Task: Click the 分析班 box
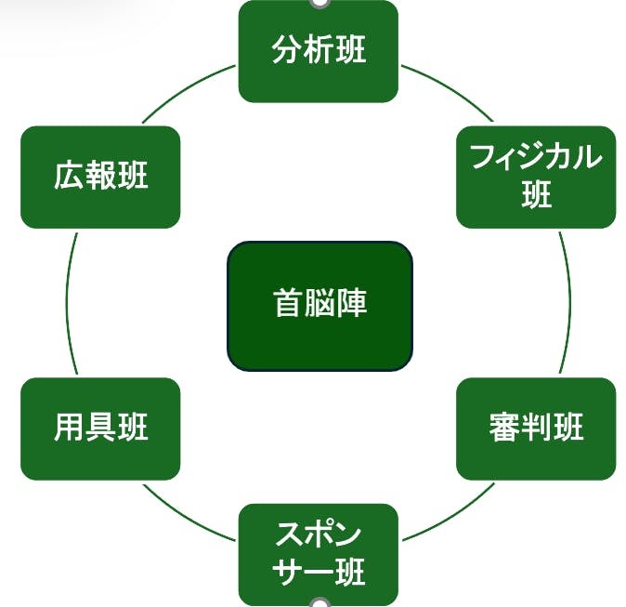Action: pyautogui.click(x=318, y=51)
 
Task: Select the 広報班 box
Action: pyautogui.click(x=100, y=177)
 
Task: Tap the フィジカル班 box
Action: pyautogui.click(x=536, y=177)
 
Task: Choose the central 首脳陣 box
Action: pyautogui.click(x=320, y=305)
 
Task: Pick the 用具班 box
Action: pyautogui.click(x=100, y=429)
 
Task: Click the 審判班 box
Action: pyautogui.click(x=536, y=429)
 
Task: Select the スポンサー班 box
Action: pyautogui.click(x=318, y=554)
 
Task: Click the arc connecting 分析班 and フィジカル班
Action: pyautogui.click(x=448, y=90)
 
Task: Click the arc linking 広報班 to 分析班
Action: pyautogui.click(x=189, y=90)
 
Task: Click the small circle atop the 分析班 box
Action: pyautogui.click(x=319, y=2)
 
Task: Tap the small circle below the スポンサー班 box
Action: pyautogui.click(x=319, y=604)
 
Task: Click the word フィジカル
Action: pyautogui.click(x=536, y=158)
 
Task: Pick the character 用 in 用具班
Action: pyautogui.click(x=70, y=429)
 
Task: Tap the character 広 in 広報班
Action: pyautogui.click(x=70, y=177)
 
